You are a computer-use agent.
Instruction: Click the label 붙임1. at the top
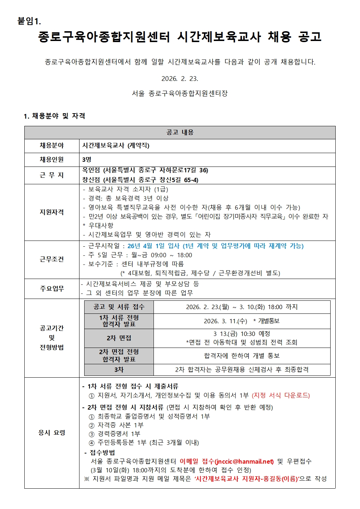click(x=29, y=21)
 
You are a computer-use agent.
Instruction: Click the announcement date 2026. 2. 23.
click(x=180, y=79)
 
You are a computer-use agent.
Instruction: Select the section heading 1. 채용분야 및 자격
click(x=54, y=116)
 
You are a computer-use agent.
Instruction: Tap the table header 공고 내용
click(x=180, y=132)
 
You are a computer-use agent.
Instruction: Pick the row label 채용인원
click(x=52, y=160)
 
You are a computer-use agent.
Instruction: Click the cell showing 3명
click(x=87, y=160)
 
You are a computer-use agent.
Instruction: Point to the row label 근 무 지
click(x=52, y=175)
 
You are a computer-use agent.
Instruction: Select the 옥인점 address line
click(x=145, y=170)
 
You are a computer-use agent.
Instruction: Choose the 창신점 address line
click(x=140, y=180)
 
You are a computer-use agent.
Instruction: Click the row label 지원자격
click(x=52, y=212)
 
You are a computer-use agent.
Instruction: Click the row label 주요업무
click(x=52, y=289)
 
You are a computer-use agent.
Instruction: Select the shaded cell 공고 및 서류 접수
click(x=119, y=307)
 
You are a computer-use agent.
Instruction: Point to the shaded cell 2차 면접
click(x=119, y=338)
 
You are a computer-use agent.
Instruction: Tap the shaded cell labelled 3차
click(x=119, y=370)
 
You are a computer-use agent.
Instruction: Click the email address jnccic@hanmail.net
click(x=245, y=461)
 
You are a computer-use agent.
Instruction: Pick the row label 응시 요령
click(x=52, y=433)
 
